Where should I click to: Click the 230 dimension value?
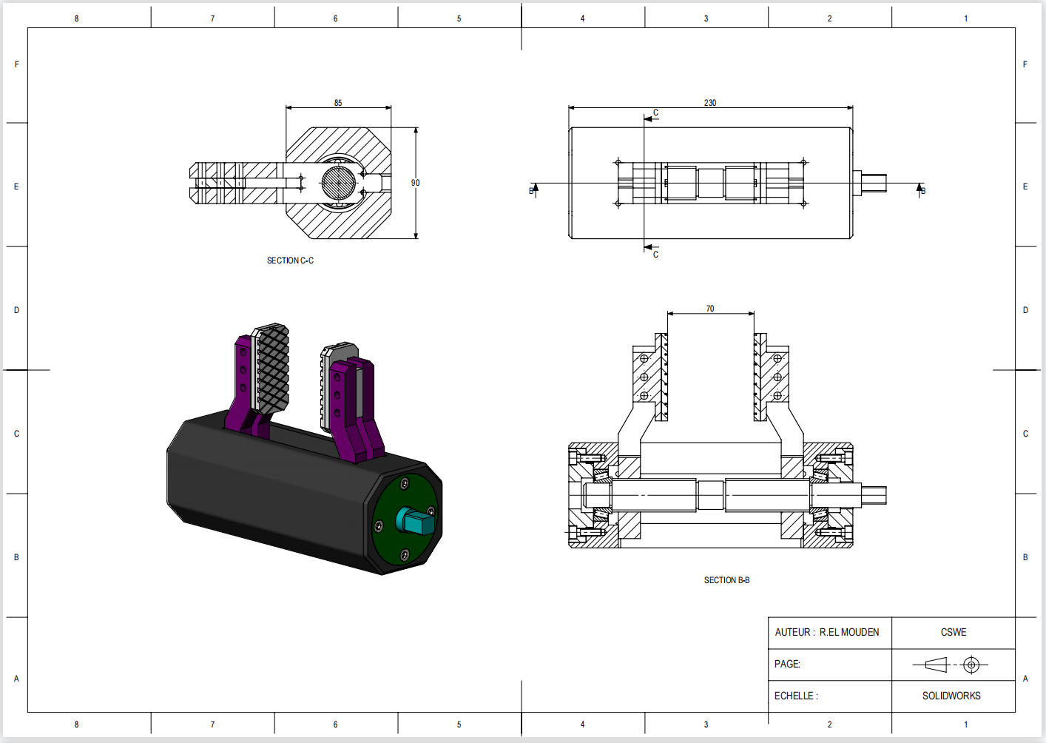710,103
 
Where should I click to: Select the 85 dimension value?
338,103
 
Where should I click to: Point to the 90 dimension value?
415,183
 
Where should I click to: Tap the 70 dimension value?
710,309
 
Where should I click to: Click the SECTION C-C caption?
290,260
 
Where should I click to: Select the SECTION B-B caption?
726,580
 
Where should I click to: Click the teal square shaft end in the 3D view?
416,521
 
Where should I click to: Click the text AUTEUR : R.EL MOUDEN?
827,632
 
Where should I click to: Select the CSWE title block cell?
954,632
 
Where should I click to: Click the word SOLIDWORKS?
951,696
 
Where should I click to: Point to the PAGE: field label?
787,664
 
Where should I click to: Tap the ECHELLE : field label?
796,696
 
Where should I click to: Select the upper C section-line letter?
655,113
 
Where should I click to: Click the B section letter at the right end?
922,191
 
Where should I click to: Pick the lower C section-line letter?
655,255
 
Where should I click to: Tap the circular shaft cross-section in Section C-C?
338,182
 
